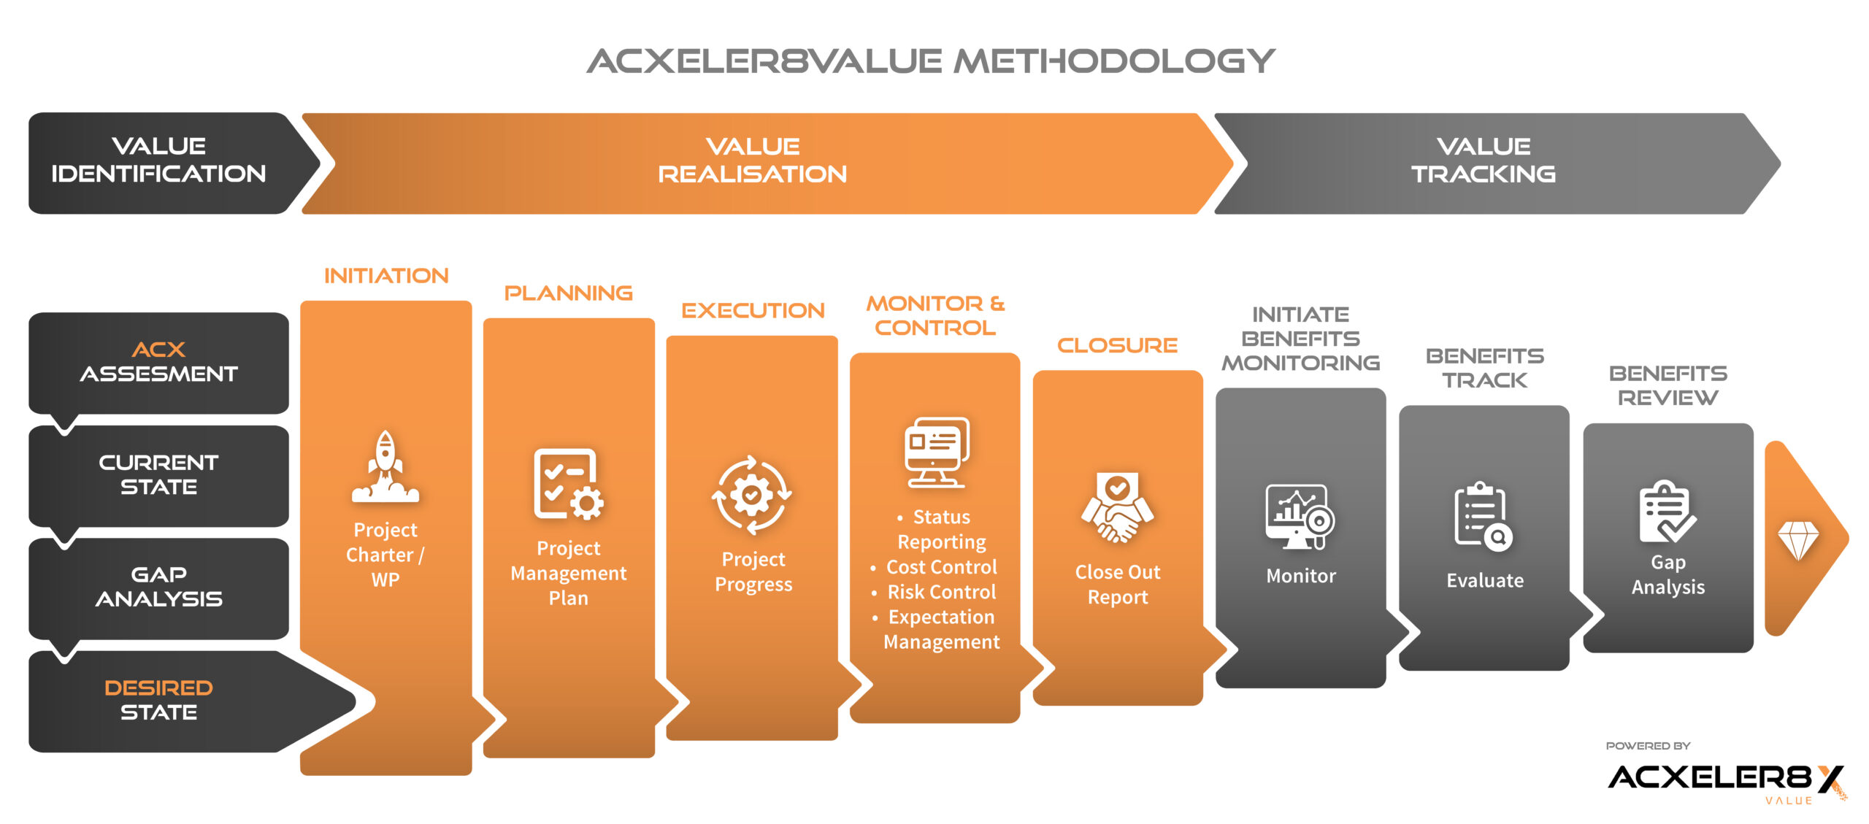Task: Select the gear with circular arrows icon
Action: tap(752, 496)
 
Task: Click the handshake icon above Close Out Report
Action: tap(1118, 508)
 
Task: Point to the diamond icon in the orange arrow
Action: tap(1797, 541)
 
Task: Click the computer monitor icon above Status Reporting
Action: tap(937, 452)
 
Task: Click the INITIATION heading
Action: tap(386, 276)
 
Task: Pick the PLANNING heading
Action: tap(569, 293)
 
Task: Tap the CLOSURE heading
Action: tap(1118, 345)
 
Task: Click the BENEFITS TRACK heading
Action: tap(1485, 368)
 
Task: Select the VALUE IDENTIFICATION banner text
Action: tap(158, 160)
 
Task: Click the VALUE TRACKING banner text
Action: tap(1484, 160)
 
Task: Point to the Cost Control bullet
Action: tap(934, 567)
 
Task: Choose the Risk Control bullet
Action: tap(934, 592)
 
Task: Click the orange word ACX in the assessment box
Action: tap(158, 350)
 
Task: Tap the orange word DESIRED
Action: tap(158, 688)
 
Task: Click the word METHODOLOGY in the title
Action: tap(1115, 61)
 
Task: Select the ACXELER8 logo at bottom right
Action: tap(1727, 779)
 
